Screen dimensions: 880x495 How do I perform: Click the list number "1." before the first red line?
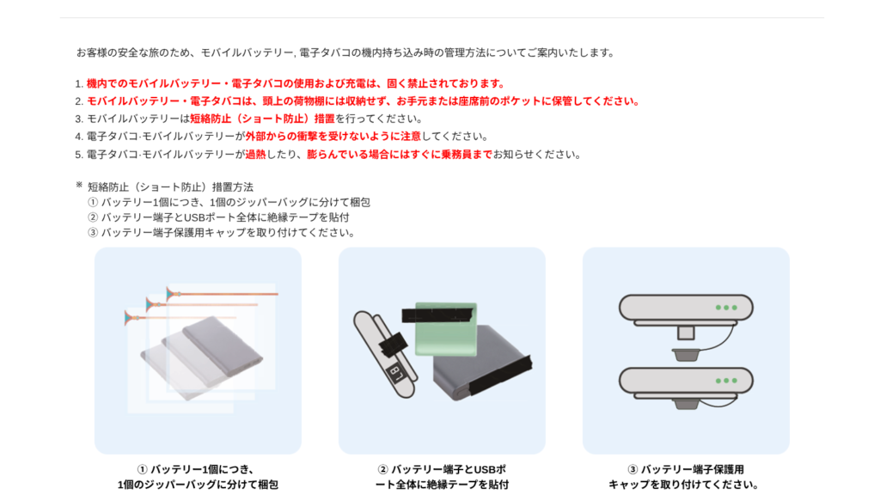point(79,84)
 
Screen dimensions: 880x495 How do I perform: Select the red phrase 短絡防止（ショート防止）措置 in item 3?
point(262,119)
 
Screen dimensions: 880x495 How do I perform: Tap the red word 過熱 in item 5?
point(255,155)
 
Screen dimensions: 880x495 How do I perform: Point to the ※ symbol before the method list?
point(79,185)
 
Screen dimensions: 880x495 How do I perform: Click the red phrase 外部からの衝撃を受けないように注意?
point(333,137)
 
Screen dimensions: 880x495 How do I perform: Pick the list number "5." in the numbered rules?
point(79,155)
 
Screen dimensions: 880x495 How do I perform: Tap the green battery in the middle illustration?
point(446,330)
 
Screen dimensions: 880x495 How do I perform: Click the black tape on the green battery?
point(437,314)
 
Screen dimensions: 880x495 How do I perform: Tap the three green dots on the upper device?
point(726,308)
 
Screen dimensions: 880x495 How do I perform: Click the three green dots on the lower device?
point(726,381)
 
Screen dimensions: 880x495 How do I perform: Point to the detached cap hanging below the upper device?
point(685,354)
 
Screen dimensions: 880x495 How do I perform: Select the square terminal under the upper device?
point(685,333)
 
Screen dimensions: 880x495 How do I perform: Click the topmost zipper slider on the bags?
point(173,294)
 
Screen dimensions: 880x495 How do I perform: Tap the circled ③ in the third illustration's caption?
point(632,470)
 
